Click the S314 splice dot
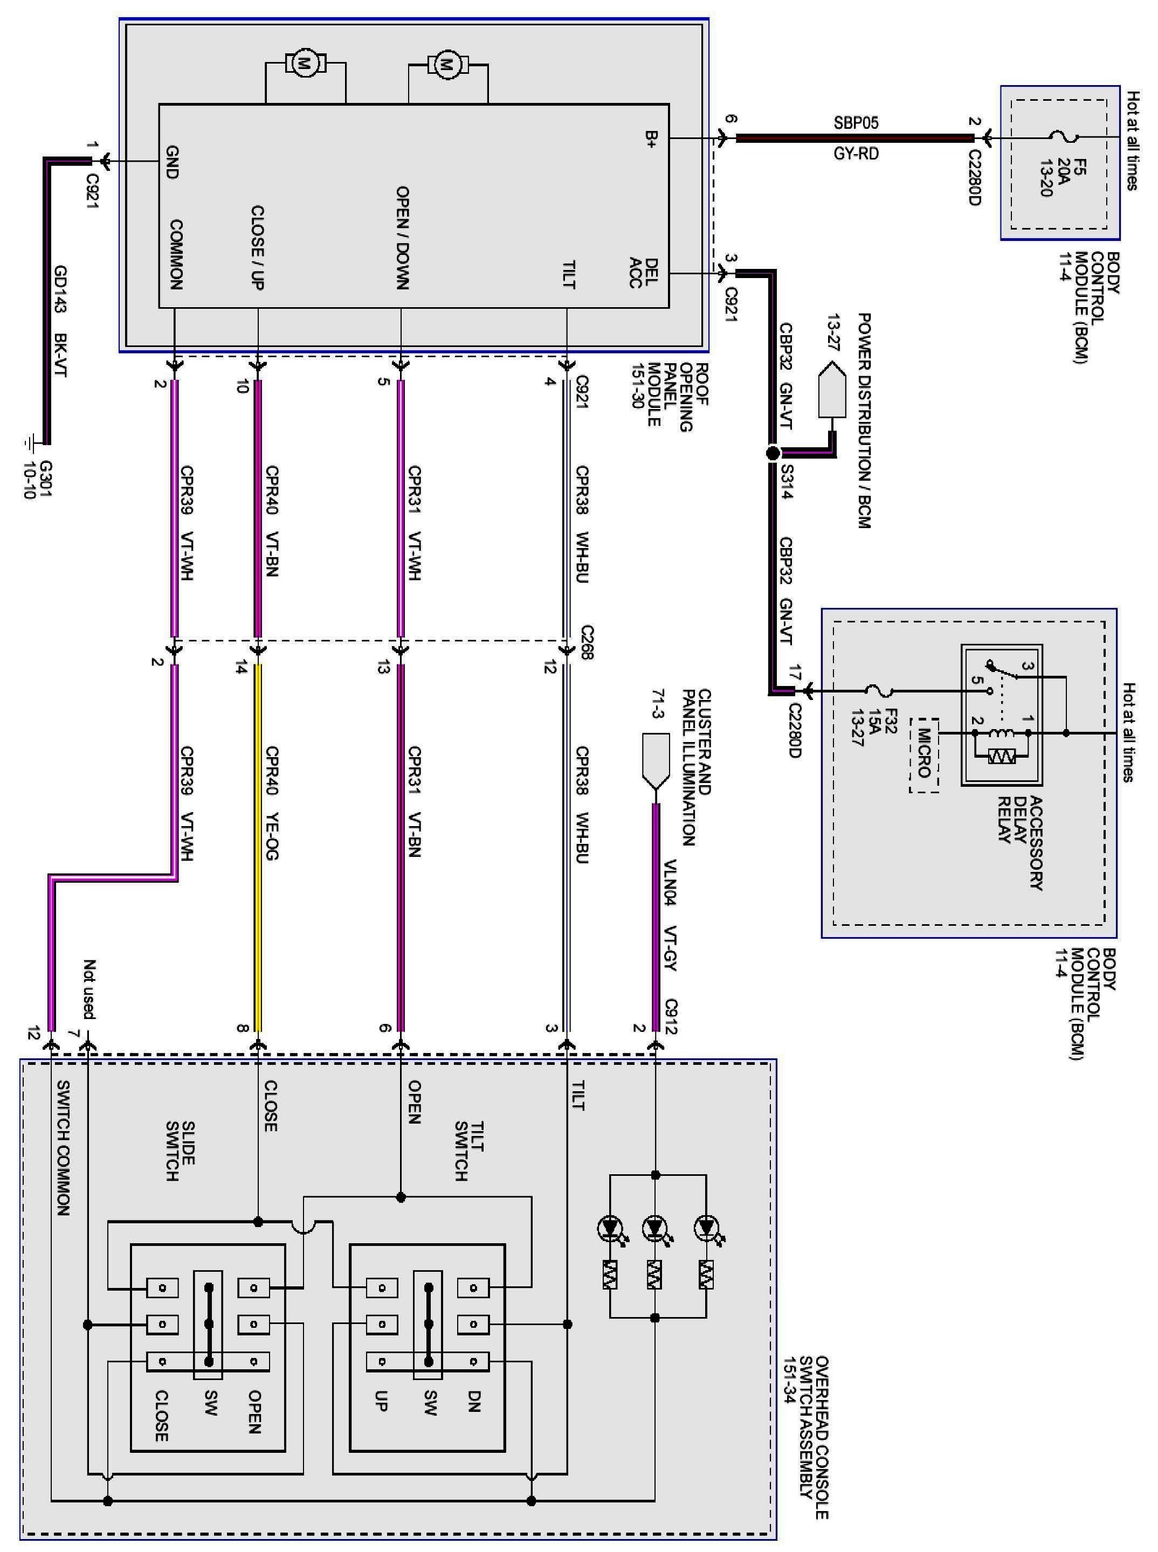click(773, 453)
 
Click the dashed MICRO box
click(924, 754)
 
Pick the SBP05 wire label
click(856, 123)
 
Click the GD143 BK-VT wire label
click(61, 322)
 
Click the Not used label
click(89, 989)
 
